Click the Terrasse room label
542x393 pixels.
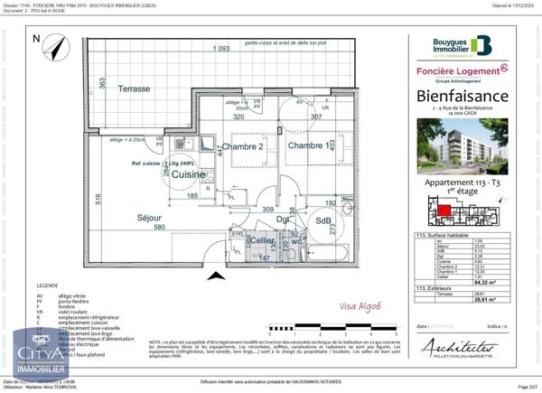133,89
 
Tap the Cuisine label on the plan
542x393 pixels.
191,173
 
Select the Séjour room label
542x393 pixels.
149,218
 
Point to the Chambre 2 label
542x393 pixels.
243,147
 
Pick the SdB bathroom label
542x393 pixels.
323,220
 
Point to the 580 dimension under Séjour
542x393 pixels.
159,227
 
